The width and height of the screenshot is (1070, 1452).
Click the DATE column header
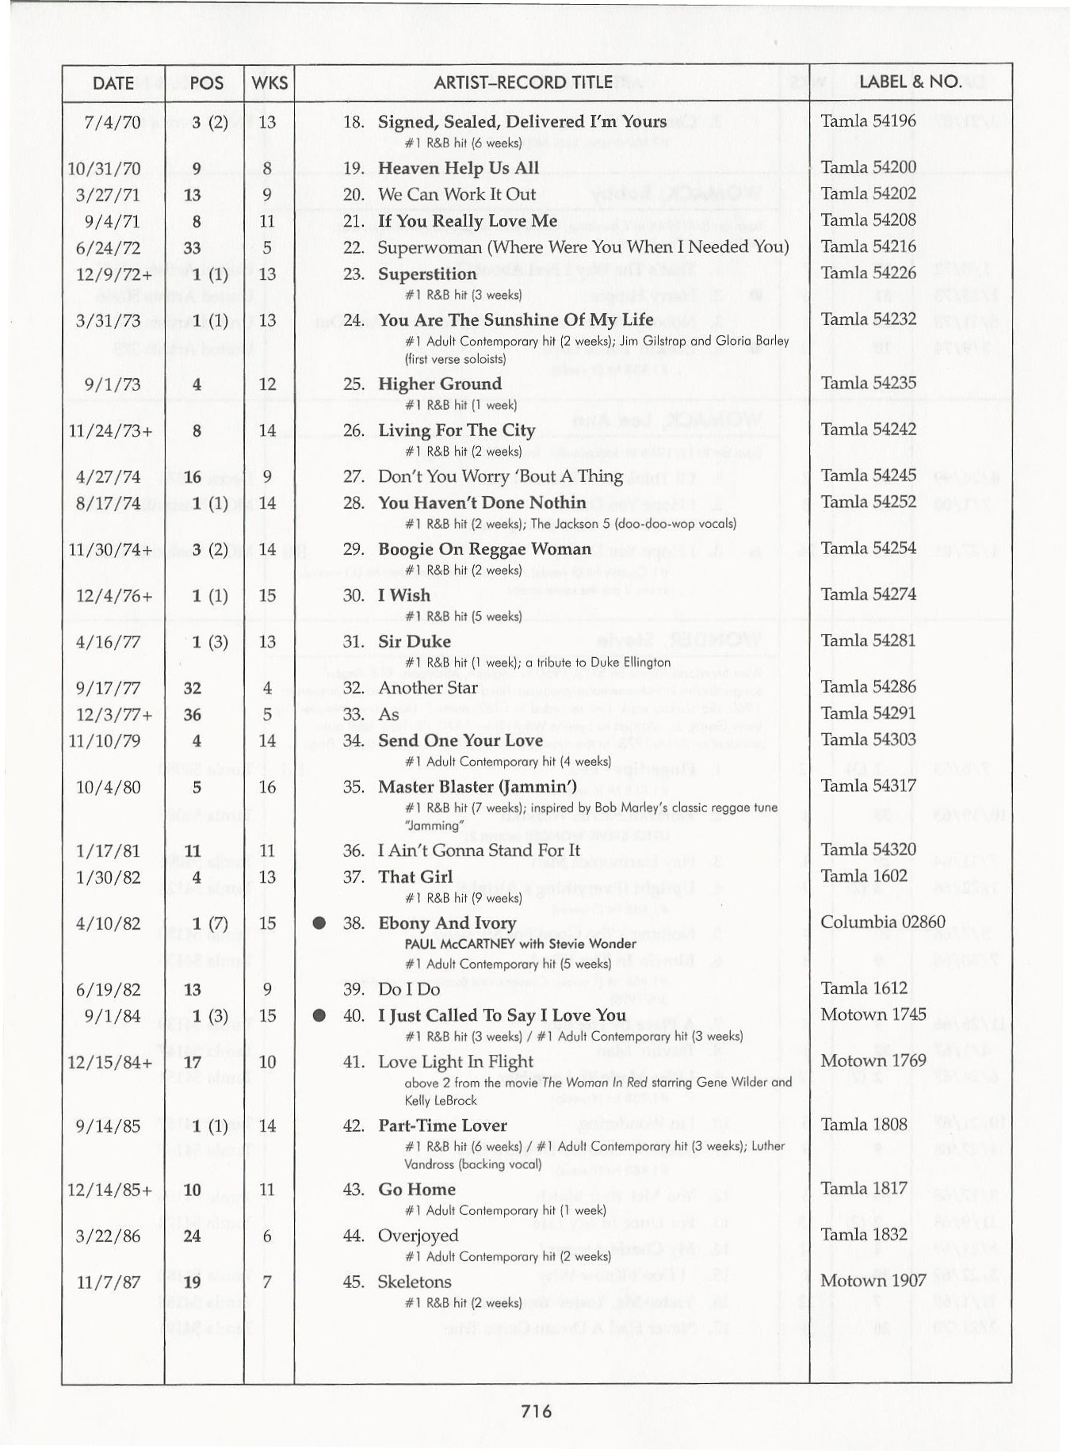click(113, 83)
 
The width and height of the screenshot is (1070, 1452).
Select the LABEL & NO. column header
click(910, 82)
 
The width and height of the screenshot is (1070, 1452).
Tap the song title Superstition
click(427, 274)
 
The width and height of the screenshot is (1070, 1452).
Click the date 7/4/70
click(113, 123)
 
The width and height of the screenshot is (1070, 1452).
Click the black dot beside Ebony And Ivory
click(319, 923)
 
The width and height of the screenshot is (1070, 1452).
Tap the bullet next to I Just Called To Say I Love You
click(319, 1016)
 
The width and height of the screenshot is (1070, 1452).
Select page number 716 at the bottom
click(537, 1411)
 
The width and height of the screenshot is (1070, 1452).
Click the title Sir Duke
click(414, 642)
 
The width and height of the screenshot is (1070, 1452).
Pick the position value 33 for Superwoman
click(193, 248)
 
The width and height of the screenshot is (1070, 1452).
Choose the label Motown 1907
click(873, 1281)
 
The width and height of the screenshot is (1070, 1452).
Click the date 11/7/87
click(108, 1282)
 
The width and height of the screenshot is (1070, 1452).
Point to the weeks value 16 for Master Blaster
click(267, 788)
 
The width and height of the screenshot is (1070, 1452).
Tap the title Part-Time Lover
click(442, 1126)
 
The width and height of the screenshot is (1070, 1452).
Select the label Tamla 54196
click(868, 121)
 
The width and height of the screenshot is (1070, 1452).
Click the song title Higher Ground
click(440, 384)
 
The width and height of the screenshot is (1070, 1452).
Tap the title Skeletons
click(415, 1282)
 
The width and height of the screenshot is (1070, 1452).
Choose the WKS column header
click(269, 83)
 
